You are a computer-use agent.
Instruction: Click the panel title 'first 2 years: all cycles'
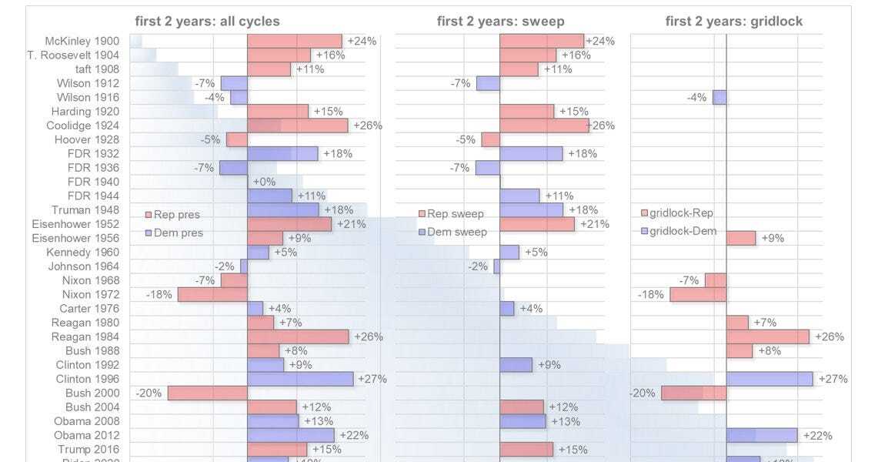207,22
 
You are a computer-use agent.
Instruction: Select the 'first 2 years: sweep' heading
499,22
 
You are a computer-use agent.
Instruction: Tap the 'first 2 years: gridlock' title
733,22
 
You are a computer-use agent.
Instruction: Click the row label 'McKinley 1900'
82,41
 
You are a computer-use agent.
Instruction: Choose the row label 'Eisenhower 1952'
77,224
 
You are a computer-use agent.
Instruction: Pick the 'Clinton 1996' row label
87,379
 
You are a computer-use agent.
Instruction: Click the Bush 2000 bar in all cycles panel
207,393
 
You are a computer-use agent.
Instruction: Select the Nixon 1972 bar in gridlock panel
698,294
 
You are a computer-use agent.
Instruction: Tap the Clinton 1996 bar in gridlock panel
770,379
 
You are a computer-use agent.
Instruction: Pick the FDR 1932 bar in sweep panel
531,153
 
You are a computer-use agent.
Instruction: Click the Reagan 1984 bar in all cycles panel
298,336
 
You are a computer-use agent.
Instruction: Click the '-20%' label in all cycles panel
149,393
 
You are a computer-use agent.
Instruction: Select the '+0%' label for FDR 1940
264,182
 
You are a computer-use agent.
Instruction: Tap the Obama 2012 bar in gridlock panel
762,435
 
